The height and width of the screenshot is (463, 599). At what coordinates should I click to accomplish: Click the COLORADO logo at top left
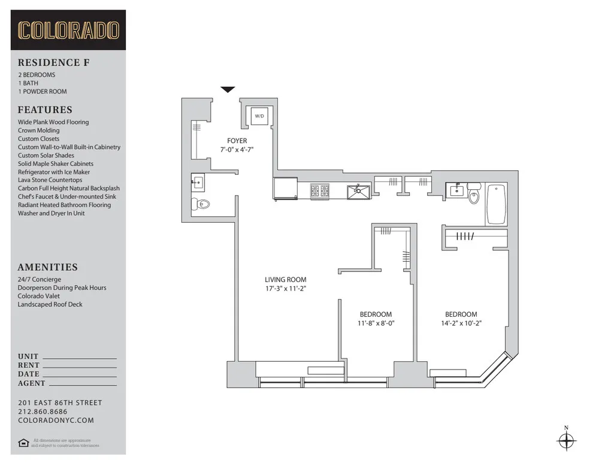pyautogui.click(x=68, y=30)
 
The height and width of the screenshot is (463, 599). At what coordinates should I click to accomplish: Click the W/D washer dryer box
pyautogui.click(x=259, y=115)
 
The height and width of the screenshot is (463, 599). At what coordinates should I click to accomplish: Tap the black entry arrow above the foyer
pyautogui.click(x=228, y=90)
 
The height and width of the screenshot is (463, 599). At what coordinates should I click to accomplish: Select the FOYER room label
pyautogui.click(x=237, y=141)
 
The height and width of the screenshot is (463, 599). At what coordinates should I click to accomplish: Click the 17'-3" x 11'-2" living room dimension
pyautogui.click(x=286, y=288)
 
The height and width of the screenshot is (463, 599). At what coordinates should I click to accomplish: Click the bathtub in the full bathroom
pyautogui.click(x=496, y=204)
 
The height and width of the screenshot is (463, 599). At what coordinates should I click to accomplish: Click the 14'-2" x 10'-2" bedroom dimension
pyautogui.click(x=461, y=323)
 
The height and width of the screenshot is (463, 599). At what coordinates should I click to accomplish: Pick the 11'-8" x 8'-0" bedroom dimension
pyautogui.click(x=376, y=323)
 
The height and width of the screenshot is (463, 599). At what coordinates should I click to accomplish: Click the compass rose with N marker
pyautogui.click(x=566, y=441)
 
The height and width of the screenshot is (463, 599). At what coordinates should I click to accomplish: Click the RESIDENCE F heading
pyautogui.click(x=53, y=62)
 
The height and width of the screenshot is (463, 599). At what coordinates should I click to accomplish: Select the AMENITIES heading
pyautogui.click(x=48, y=267)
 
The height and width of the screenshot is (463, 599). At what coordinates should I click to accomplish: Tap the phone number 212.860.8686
pyautogui.click(x=43, y=411)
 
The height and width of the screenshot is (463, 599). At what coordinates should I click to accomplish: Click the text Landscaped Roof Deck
pyautogui.click(x=50, y=304)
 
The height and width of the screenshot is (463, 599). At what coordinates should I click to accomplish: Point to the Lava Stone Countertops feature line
pyautogui.click(x=50, y=180)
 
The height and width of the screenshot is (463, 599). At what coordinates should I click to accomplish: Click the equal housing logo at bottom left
pyautogui.click(x=23, y=443)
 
